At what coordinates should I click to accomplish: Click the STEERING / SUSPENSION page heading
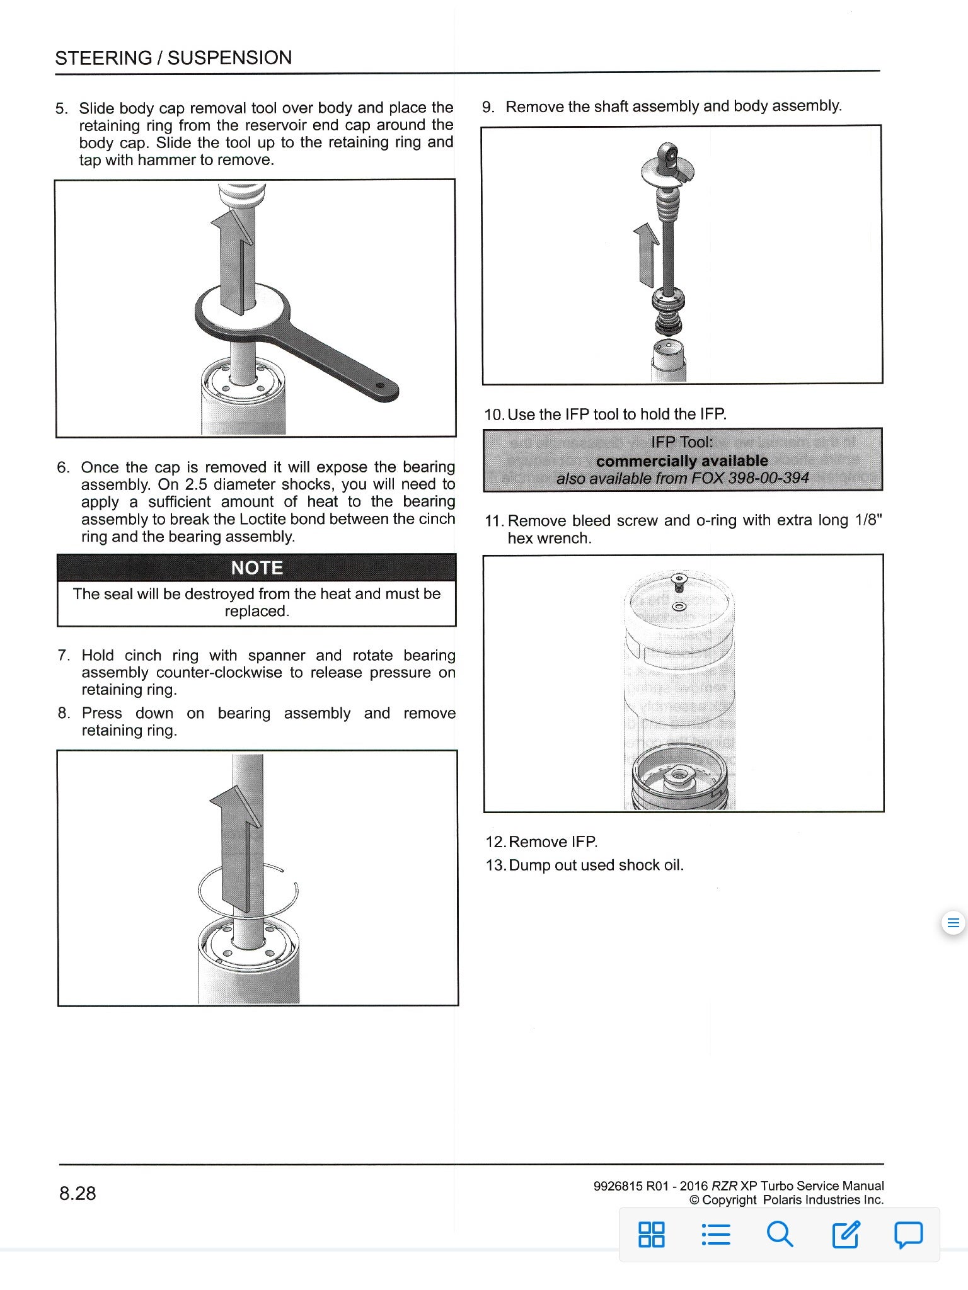[x=173, y=58]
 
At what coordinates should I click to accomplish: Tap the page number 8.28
[x=78, y=1193]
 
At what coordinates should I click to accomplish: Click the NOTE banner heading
[x=256, y=568]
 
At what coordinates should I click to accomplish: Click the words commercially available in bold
[x=682, y=460]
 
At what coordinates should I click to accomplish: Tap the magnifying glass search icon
[x=780, y=1234]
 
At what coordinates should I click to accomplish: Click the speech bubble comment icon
[x=908, y=1234]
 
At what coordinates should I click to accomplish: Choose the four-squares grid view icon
[x=651, y=1234]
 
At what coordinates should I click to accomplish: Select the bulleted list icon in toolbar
[x=716, y=1234]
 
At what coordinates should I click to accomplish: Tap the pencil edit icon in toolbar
[x=845, y=1234]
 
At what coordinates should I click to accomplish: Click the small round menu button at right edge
[x=953, y=923]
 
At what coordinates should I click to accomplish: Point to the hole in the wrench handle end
[x=379, y=385]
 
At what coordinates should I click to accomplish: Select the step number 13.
[x=495, y=865]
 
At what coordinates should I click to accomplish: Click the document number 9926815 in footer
[x=617, y=1186]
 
